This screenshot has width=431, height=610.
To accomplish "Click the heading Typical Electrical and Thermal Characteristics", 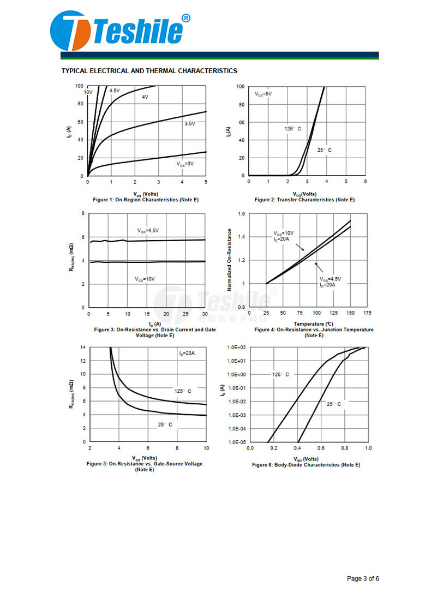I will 149,71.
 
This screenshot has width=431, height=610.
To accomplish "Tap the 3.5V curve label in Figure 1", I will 189,124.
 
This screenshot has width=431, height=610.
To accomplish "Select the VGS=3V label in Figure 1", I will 185,164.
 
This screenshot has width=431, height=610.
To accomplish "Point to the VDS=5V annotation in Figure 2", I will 263,94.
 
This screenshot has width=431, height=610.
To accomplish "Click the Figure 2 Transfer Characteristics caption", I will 304,200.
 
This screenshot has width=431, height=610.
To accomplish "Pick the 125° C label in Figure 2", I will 292,129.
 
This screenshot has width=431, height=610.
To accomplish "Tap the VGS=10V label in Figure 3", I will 145,279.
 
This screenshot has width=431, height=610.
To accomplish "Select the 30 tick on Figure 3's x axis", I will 205,314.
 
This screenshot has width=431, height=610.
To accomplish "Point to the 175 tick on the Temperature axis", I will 367,313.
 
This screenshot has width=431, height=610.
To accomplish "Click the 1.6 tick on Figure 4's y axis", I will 242,214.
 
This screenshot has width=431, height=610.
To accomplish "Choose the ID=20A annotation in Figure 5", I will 187,354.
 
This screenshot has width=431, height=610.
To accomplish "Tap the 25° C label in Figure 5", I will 165,424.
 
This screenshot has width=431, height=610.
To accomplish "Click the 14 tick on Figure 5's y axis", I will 83,348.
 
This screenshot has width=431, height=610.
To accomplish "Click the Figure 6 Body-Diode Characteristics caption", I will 306,465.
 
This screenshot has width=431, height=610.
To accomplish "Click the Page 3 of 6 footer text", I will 363,578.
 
